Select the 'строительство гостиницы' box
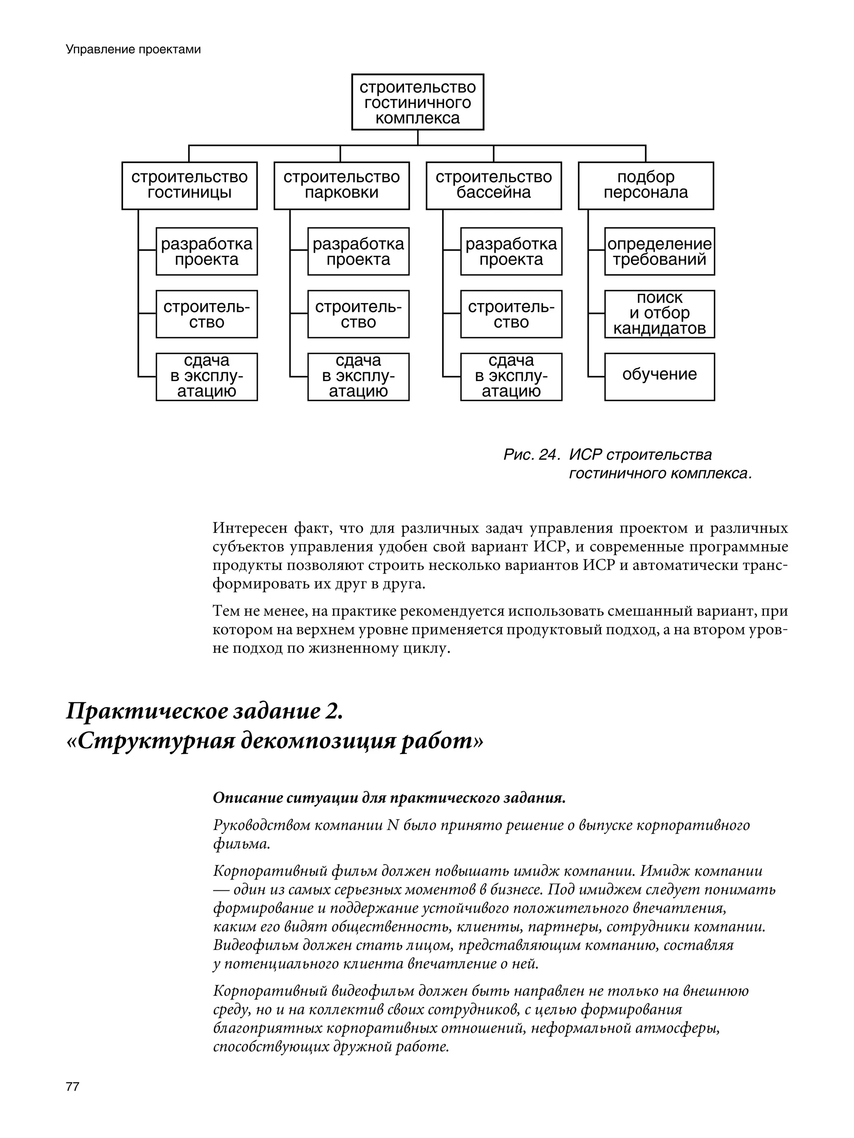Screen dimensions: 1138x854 click(x=189, y=185)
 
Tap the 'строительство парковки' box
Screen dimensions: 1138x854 click(x=341, y=185)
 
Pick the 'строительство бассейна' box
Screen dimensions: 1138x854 click(x=493, y=185)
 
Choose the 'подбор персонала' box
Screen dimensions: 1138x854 click(x=646, y=185)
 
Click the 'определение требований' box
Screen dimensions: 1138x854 click(x=659, y=252)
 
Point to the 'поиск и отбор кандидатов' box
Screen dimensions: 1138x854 click(x=659, y=314)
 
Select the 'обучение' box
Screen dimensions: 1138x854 click(x=659, y=376)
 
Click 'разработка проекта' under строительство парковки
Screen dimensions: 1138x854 click(x=358, y=252)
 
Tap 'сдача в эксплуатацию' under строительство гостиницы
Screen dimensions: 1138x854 click(x=206, y=376)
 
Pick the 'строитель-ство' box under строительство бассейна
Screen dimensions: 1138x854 click(x=511, y=314)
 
